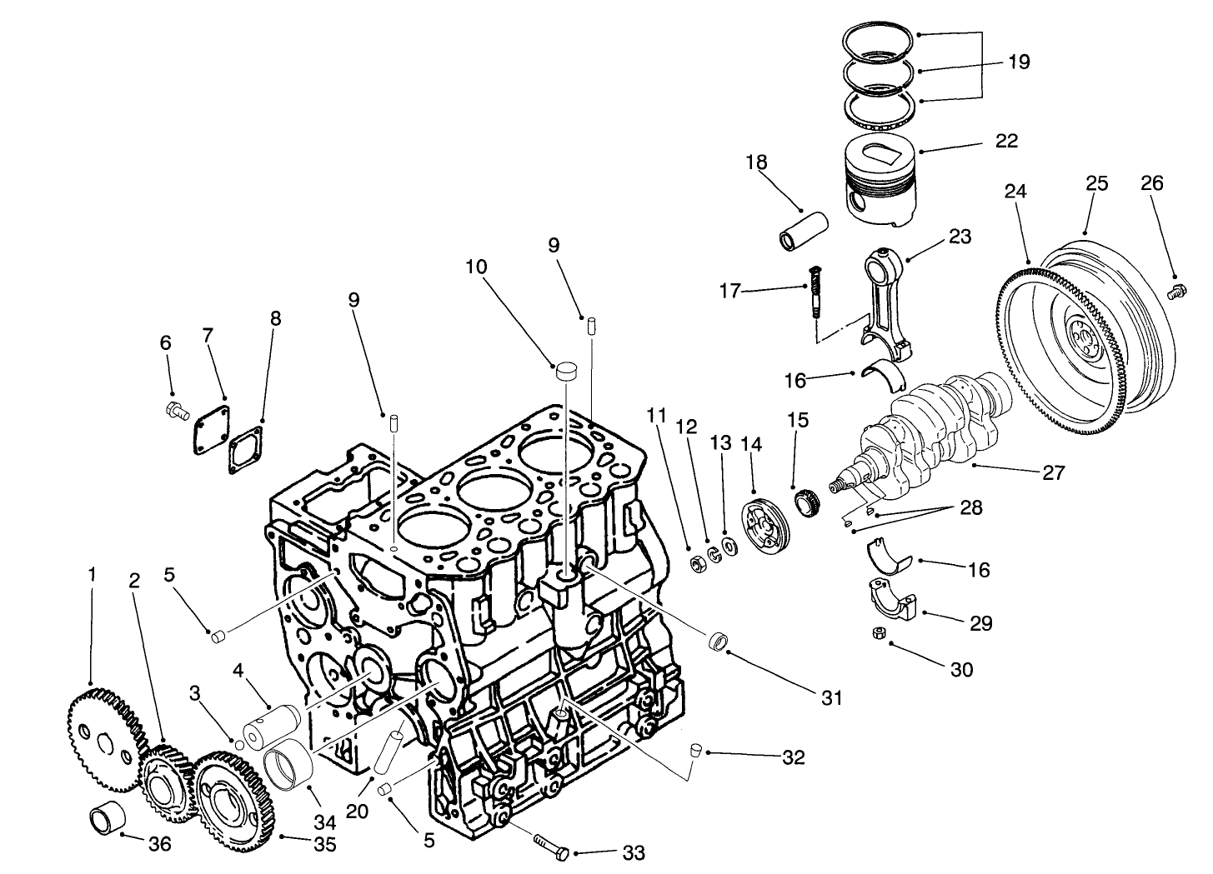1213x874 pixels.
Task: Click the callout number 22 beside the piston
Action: [x=1006, y=141]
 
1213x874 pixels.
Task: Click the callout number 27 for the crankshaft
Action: [x=1054, y=473]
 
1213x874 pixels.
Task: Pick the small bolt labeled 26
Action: [x=1177, y=291]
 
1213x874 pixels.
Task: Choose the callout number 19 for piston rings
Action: [x=1018, y=62]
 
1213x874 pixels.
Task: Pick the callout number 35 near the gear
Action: [x=324, y=844]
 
